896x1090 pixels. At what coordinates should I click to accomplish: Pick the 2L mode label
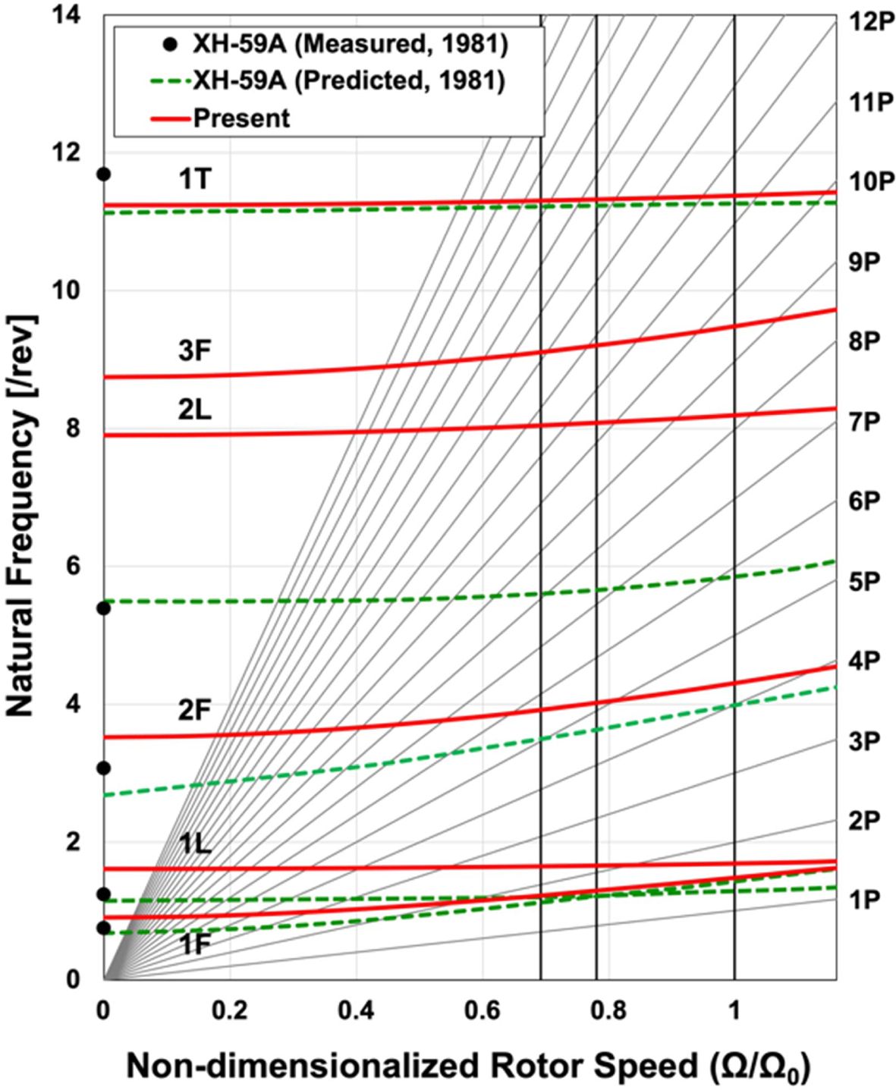point(196,410)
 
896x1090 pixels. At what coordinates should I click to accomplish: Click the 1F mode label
point(196,944)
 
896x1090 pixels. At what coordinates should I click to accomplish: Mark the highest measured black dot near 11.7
point(104,174)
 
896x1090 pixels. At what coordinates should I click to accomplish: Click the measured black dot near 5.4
point(104,608)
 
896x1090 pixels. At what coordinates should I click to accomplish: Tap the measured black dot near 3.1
point(104,768)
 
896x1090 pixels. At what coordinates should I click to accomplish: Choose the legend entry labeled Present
point(241,118)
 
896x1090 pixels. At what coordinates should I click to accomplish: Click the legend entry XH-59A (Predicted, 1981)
point(349,81)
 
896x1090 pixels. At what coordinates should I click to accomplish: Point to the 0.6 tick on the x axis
point(483,1010)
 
